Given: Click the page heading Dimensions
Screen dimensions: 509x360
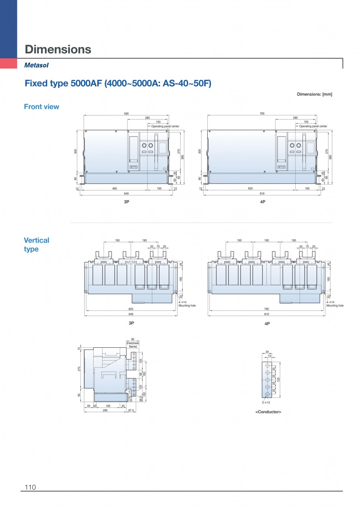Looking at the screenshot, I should (58, 49).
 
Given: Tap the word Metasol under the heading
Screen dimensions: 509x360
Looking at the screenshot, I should (36, 65).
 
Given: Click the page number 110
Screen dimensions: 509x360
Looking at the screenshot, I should (30, 487).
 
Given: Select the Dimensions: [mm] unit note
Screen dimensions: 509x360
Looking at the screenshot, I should (314, 94).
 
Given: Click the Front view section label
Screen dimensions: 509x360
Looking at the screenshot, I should (41, 107).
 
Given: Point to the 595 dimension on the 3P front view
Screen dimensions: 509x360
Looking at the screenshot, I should (126, 114).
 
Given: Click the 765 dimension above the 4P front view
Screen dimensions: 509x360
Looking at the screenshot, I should (262, 114).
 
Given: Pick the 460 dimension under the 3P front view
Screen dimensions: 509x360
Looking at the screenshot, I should (114, 189).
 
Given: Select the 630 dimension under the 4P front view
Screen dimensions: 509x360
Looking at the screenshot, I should (250, 189).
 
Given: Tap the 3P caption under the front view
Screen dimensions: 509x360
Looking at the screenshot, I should (126, 202).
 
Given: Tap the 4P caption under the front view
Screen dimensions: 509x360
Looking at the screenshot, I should (262, 202).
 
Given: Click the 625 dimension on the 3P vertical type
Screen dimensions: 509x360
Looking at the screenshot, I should (131, 309).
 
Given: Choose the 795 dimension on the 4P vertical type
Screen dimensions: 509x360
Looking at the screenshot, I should (266, 309).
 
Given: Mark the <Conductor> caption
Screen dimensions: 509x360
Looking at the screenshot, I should (268, 412).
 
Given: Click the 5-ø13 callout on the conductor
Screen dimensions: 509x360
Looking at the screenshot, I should (266, 402).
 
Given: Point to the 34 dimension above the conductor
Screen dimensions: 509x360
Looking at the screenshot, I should (267, 352).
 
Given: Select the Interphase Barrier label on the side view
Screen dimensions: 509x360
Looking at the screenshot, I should (132, 345).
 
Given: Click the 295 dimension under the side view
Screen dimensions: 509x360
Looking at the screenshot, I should (105, 410).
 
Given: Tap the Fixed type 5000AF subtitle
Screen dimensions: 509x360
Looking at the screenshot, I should (118, 84).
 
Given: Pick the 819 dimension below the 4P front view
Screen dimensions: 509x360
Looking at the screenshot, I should (262, 194).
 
